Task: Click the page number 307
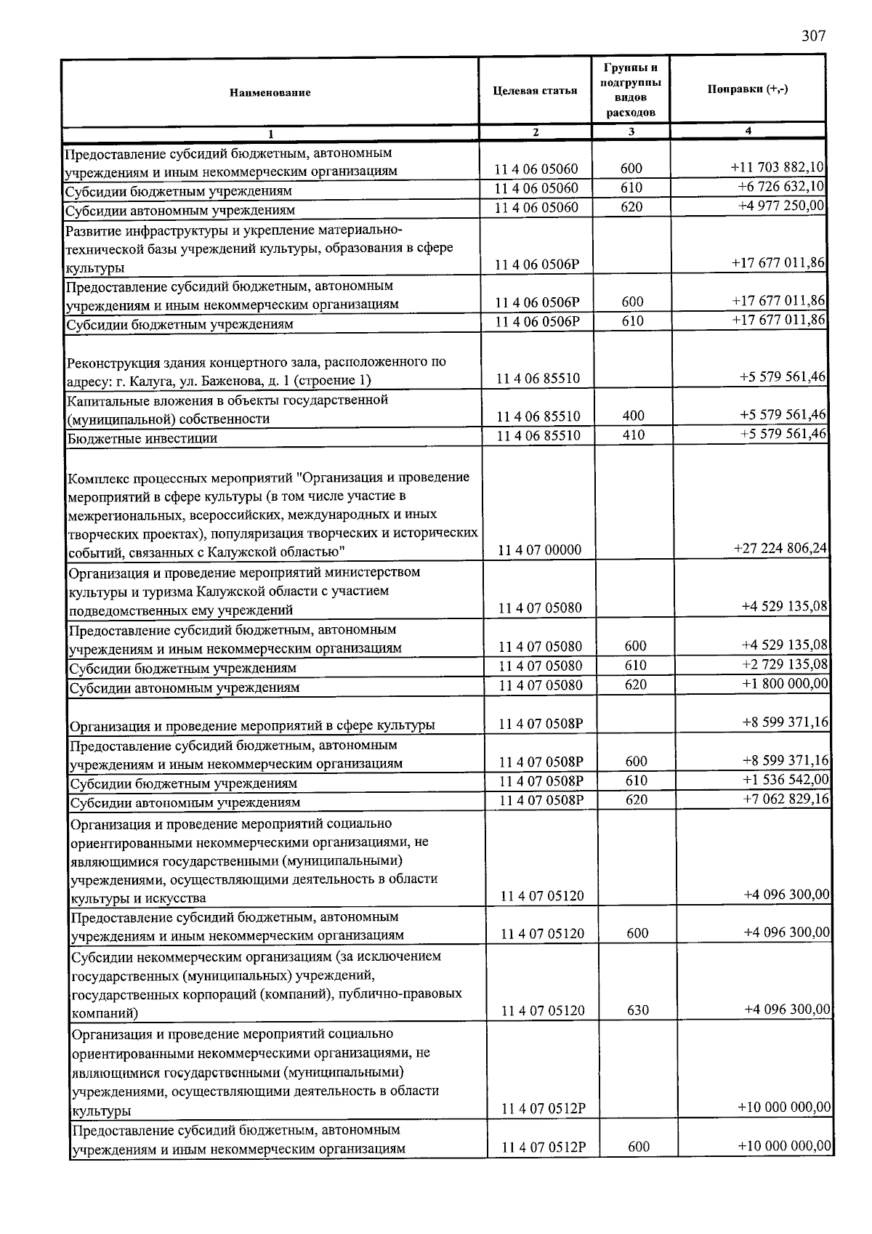tap(814, 36)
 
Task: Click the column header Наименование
tap(270, 92)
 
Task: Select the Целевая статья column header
tap(535, 90)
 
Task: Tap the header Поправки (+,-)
tap(748, 89)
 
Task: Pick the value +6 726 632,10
tap(780, 187)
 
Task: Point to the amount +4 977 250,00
tap(781, 206)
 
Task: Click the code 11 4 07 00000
tap(539, 550)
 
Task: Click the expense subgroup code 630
tap(637, 1010)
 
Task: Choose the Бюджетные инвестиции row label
tap(142, 438)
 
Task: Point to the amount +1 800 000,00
tap(785, 684)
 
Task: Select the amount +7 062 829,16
tap(786, 799)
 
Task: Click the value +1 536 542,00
tap(786, 781)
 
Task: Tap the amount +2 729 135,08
tap(785, 665)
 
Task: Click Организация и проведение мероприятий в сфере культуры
tap(252, 725)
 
